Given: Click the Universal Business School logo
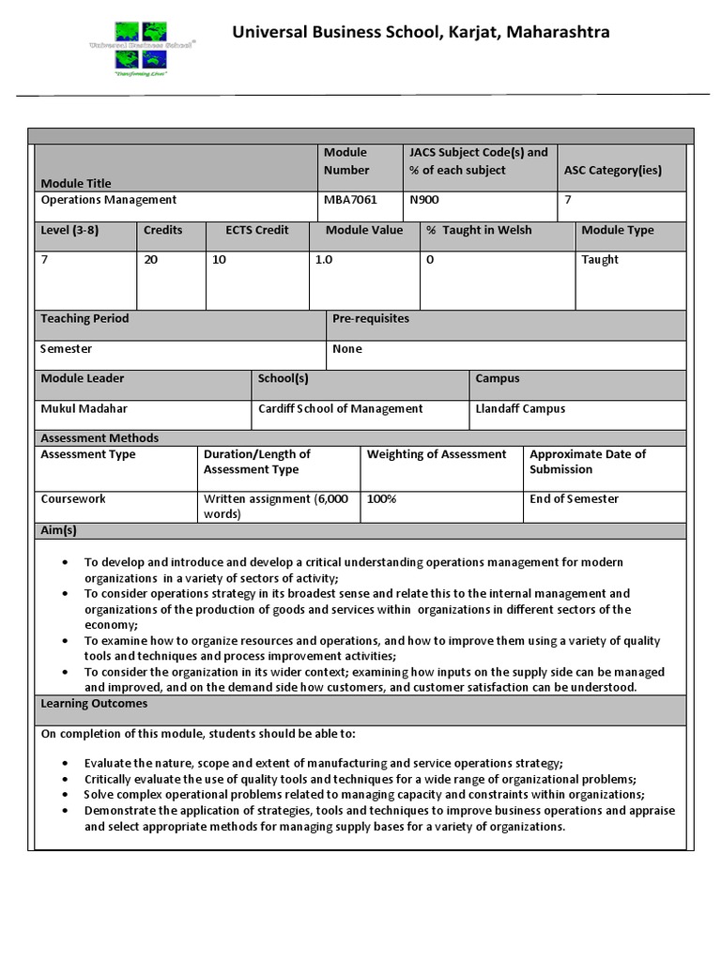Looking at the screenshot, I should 142,47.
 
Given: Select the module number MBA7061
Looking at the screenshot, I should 350,200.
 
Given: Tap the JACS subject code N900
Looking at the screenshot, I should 424,200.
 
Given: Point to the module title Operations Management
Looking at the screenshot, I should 109,200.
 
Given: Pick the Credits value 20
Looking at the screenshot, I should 151,260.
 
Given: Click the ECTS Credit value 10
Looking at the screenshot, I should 219,260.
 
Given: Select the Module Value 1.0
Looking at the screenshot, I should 324,260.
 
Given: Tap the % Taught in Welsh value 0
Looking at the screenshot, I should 430,260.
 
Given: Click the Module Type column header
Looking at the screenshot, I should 618,231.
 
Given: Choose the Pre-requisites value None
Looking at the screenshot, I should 347,349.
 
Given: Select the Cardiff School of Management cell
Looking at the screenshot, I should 341,409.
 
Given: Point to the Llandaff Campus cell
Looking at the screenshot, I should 520,409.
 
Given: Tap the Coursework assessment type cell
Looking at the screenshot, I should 73,499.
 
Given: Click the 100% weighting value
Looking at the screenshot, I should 382,499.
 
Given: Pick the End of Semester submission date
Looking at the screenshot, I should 575,499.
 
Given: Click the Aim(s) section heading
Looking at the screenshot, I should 58,530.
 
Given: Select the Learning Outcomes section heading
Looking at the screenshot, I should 94,704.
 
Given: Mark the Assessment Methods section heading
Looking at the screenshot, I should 100,438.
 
